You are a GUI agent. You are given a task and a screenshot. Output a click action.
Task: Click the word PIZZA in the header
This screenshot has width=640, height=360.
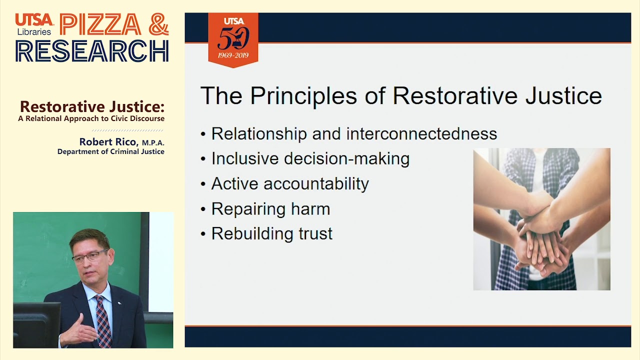[x=100, y=25]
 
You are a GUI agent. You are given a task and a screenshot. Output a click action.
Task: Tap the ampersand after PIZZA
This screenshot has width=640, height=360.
[x=158, y=24]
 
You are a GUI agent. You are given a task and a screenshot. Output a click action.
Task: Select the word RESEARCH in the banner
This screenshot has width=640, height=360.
[x=92, y=50]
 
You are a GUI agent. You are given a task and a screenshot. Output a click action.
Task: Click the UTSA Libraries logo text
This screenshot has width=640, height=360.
[x=34, y=24]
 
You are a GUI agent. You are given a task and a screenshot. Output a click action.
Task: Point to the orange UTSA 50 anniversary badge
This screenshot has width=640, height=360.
[x=233, y=40]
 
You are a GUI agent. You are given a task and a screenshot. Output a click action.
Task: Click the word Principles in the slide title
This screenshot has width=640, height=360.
[x=303, y=95]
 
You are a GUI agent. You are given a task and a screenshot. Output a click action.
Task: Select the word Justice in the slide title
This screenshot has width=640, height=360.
[x=563, y=95]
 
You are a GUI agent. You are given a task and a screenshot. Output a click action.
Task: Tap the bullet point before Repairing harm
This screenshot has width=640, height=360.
[x=203, y=209]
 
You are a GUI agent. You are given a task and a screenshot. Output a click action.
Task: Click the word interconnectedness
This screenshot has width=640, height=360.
[x=421, y=134]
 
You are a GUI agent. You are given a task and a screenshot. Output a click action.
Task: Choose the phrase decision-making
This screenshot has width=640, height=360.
[x=346, y=159]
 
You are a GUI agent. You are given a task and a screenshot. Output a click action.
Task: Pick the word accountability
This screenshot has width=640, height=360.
[x=316, y=184]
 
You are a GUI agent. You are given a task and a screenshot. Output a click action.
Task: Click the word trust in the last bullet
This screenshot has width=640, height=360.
[x=313, y=234]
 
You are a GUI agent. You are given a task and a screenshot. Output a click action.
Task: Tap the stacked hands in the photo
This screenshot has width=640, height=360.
[x=542, y=235]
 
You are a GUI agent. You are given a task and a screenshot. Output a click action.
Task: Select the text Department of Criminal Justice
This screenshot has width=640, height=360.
[x=110, y=151]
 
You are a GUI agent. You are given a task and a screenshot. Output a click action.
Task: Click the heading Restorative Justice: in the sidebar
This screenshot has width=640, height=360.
[x=92, y=107]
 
